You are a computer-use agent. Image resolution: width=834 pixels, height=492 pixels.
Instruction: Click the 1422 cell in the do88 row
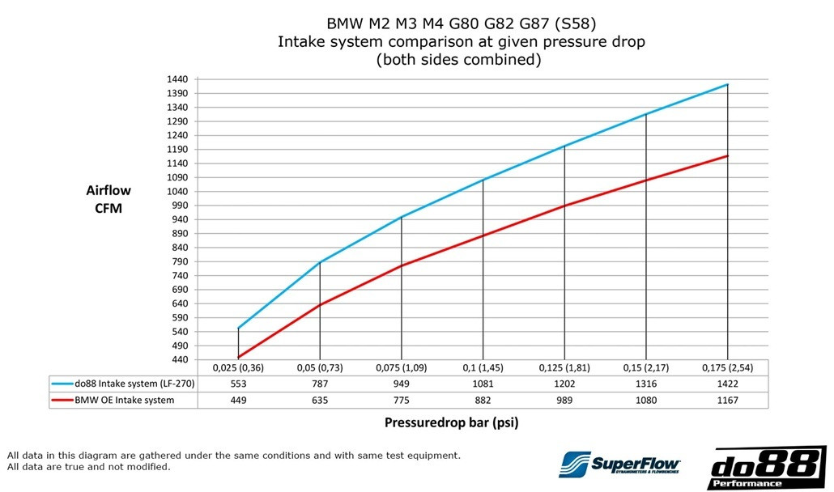[x=727, y=384]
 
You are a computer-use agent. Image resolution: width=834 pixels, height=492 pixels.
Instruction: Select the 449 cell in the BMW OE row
[x=238, y=400]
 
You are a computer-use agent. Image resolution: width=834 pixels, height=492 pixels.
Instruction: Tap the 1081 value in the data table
[x=483, y=384]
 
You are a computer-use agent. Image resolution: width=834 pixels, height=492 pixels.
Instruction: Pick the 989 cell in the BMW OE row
[x=564, y=400]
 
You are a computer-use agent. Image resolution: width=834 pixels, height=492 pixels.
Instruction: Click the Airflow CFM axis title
[x=109, y=199]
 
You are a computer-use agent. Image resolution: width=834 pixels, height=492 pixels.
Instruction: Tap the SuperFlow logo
[x=620, y=464]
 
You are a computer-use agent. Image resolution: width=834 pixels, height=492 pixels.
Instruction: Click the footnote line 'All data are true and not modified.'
[x=88, y=468]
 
